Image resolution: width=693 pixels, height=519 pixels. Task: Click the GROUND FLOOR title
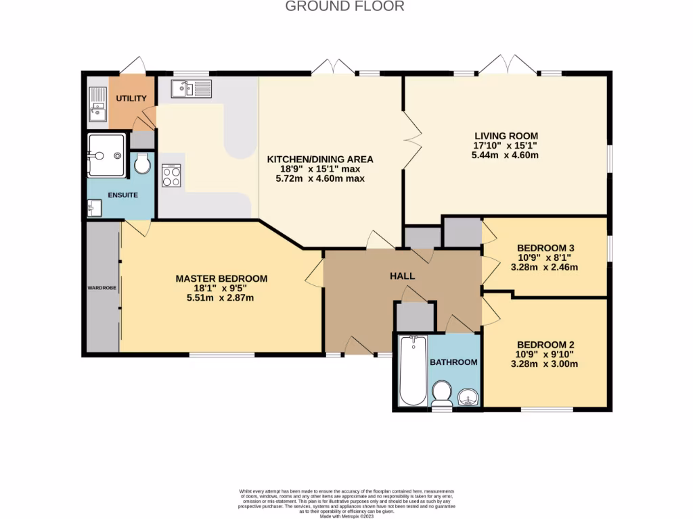pos(344,7)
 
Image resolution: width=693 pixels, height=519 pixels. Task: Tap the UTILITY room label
pos(131,99)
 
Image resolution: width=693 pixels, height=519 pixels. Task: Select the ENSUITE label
pos(122,195)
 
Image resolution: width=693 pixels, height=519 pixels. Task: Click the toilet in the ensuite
pos(143,164)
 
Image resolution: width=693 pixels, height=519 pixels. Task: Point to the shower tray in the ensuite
pos(106,155)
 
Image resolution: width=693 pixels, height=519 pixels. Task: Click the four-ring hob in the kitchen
pos(171,176)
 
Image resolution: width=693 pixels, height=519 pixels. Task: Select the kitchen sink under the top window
pos(192,89)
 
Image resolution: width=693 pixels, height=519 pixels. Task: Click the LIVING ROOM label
pos(506,135)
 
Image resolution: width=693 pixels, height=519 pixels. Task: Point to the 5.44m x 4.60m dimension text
pos(506,155)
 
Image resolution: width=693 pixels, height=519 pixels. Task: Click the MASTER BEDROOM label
pos(221,278)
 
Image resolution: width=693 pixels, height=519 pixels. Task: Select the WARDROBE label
pos(102,288)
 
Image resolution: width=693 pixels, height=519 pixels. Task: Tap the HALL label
pos(402,276)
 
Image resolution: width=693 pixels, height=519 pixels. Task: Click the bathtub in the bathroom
pos(411,370)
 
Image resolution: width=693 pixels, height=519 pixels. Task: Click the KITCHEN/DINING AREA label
pos(320,159)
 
